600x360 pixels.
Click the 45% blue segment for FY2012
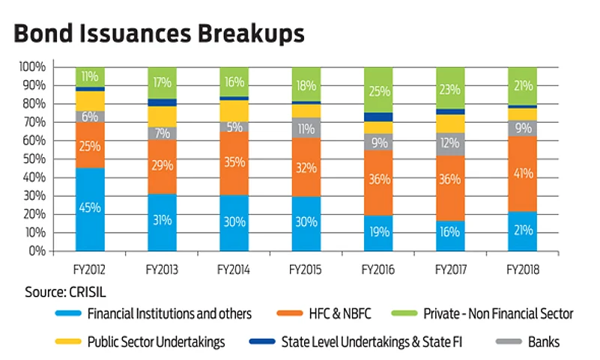pyautogui.click(x=90, y=209)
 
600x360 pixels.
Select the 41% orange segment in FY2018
pyautogui.click(x=523, y=174)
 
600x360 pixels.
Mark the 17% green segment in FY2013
pyautogui.click(x=163, y=82)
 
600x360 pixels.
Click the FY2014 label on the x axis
pyautogui.click(x=234, y=264)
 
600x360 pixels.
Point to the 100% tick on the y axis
pyautogui.click(x=32, y=67)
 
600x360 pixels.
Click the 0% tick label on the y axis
pyautogui.click(x=37, y=251)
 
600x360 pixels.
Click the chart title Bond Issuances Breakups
pyautogui.click(x=160, y=34)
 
